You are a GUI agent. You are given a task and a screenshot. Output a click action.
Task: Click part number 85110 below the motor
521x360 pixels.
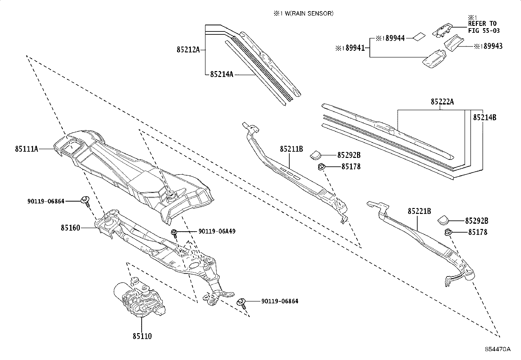point(142,336)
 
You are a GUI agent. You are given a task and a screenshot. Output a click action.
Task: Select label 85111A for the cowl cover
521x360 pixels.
point(27,149)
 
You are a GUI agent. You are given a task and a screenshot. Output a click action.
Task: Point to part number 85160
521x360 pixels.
point(70,227)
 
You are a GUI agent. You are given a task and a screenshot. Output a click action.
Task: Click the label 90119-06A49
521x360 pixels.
point(217,231)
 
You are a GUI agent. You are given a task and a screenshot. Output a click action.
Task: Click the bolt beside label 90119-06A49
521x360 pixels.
point(174,233)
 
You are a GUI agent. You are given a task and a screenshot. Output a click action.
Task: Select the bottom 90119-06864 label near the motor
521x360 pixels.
point(279,301)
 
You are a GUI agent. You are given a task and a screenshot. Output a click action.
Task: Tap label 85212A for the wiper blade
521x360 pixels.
point(188,50)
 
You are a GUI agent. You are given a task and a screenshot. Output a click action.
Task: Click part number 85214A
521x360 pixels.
point(222,74)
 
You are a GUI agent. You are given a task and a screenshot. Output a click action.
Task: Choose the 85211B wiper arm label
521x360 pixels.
point(291,149)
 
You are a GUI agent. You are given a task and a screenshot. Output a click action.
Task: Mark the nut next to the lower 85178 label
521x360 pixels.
point(447,233)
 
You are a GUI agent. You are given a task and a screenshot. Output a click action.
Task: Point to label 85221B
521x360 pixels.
point(419,211)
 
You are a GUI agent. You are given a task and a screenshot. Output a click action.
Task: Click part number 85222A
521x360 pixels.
point(442,102)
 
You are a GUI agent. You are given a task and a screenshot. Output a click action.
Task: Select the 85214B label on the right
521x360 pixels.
point(485,117)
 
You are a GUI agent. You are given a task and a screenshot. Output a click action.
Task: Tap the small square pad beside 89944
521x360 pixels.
point(419,36)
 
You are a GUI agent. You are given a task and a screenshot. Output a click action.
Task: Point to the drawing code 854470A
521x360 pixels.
point(498,349)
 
